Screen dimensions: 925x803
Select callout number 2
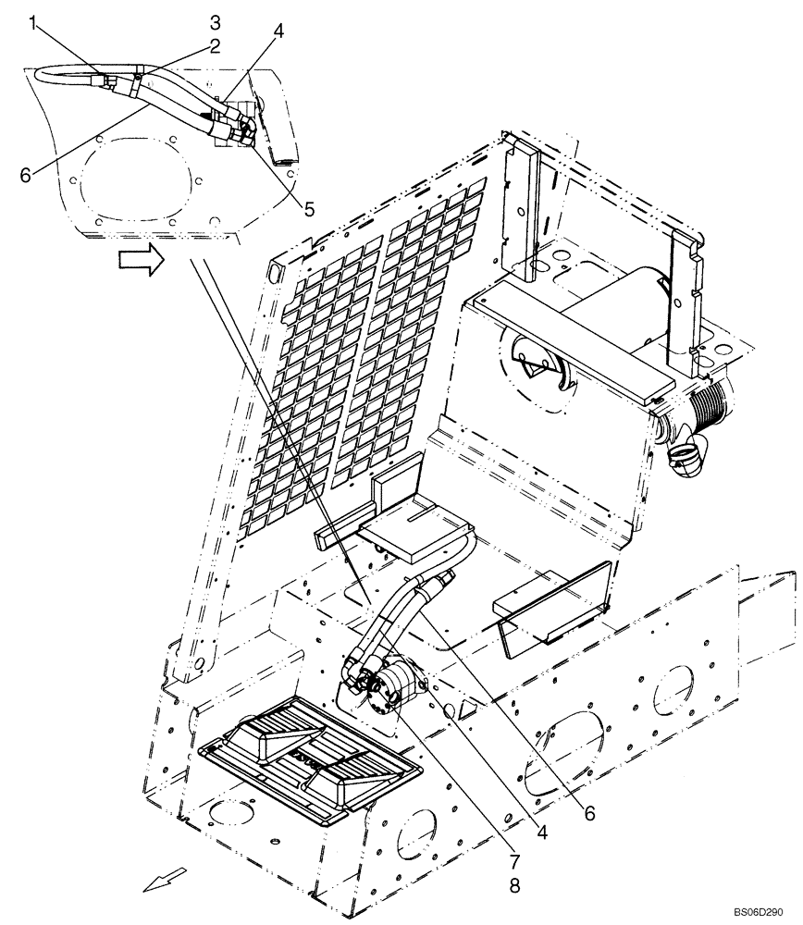click(x=214, y=45)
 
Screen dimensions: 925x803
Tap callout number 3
click(x=214, y=20)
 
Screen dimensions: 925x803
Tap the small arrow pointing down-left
click(x=164, y=878)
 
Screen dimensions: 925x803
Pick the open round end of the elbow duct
click(x=686, y=456)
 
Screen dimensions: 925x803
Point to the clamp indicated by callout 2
click(x=135, y=85)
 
